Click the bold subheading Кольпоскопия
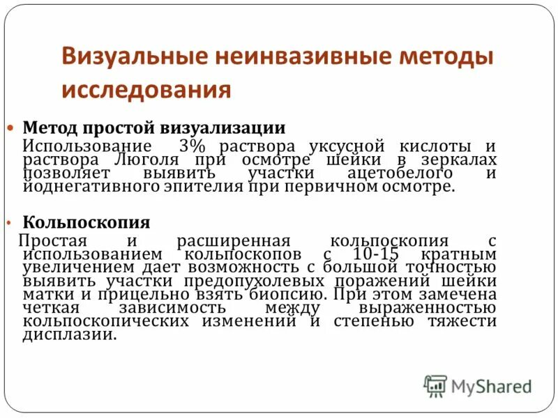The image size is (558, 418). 86,222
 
